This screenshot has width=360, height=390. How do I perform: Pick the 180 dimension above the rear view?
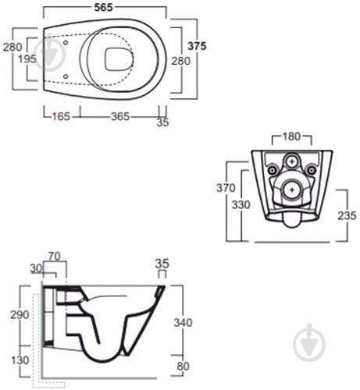(290, 137)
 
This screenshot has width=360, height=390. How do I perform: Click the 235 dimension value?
(348, 215)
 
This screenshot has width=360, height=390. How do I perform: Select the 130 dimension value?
(19, 360)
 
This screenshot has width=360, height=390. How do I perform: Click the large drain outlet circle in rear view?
(291, 188)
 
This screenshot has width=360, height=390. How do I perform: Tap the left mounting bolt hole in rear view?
(272, 169)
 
